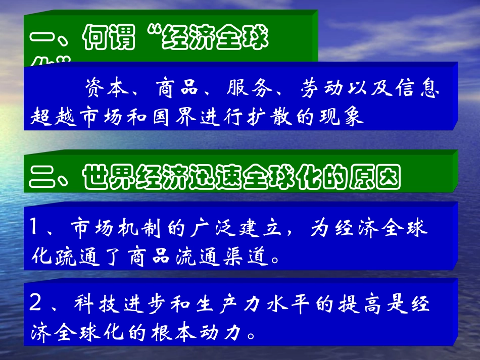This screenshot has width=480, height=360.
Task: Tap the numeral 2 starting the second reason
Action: (35, 304)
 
